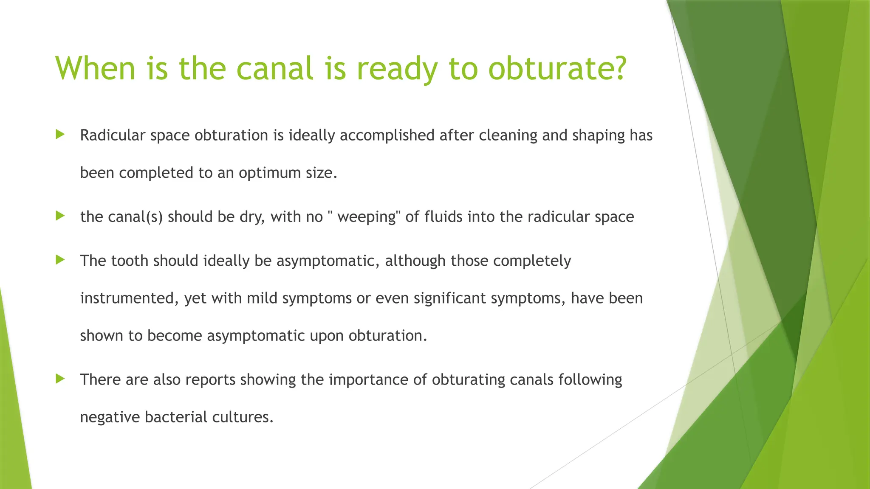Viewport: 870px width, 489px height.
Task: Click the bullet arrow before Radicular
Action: tap(60, 135)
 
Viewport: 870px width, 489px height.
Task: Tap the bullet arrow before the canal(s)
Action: tap(60, 216)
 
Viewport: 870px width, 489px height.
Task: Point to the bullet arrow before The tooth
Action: tap(60, 260)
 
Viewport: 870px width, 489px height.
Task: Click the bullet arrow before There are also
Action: tap(60, 379)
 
